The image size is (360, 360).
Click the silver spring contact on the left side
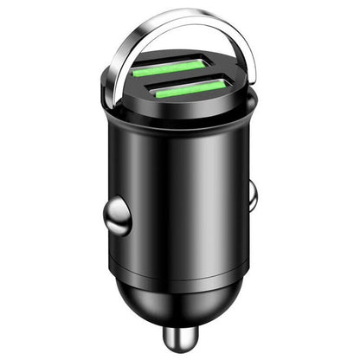pos(119,215)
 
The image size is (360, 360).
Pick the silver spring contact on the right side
pos(252,195)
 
